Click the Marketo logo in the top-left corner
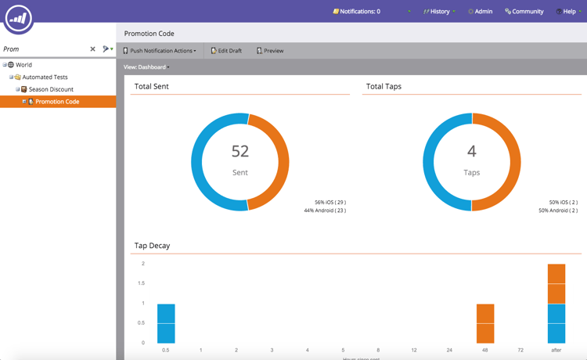pyautogui.click(x=19, y=18)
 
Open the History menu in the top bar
pyautogui.click(x=440, y=12)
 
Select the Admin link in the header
pyautogui.click(x=481, y=12)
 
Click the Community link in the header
pyautogui.click(x=524, y=12)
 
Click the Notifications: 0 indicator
pyautogui.click(x=357, y=12)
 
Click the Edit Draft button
pyautogui.click(x=226, y=51)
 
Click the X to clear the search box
pyautogui.click(x=92, y=49)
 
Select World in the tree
pyautogui.click(x=23, y=65)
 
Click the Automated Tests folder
pyautogui.click(x=45, y=77)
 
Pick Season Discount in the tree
pyautogui.click(x=51, y=89)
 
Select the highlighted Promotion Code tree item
pyautogui.click(x=57, y=102)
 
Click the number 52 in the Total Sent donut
pyautogui.click(x=240, y=151)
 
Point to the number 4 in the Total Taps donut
pyautogui.click(x=472, y=151)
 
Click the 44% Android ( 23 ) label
pyautogui.click(x=325, y=211)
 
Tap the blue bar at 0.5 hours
pyautogui.click(x=166, y=323)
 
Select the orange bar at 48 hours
pyautogui.click(x=485, y=323)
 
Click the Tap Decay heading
pyautogui.click(x=152, y=246)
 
